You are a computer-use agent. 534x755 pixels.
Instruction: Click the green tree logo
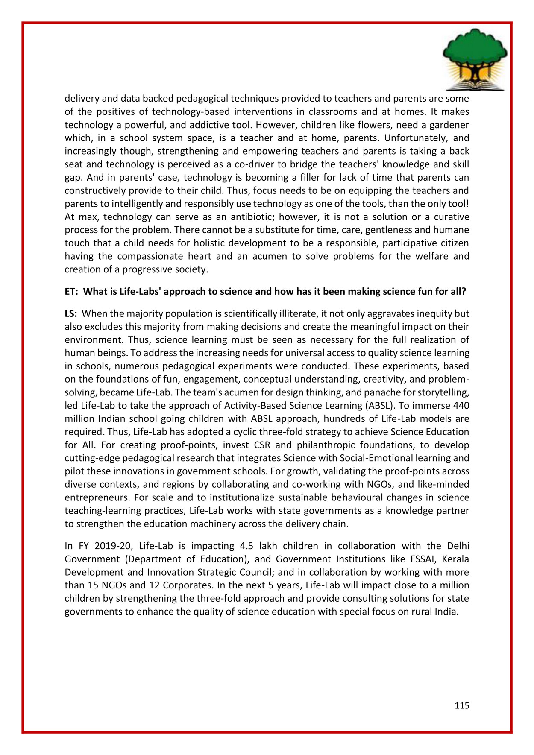pyautogui.click(x=475, y=59)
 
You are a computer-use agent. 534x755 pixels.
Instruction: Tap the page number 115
pyautogui.click(x=462, y=706)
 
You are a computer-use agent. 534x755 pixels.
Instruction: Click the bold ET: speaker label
pyautogui.click(x=71, y=292)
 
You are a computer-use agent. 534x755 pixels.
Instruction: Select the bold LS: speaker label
pyautogui.click(x=71, y=314)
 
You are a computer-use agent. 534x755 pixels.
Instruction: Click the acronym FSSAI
pyautogui.click(x=422, y=559)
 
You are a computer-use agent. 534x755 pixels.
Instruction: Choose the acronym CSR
pyautogui.click(x=262, y=445)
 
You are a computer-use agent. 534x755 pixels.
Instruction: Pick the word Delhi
pyautogui.click(x=458, y=546)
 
